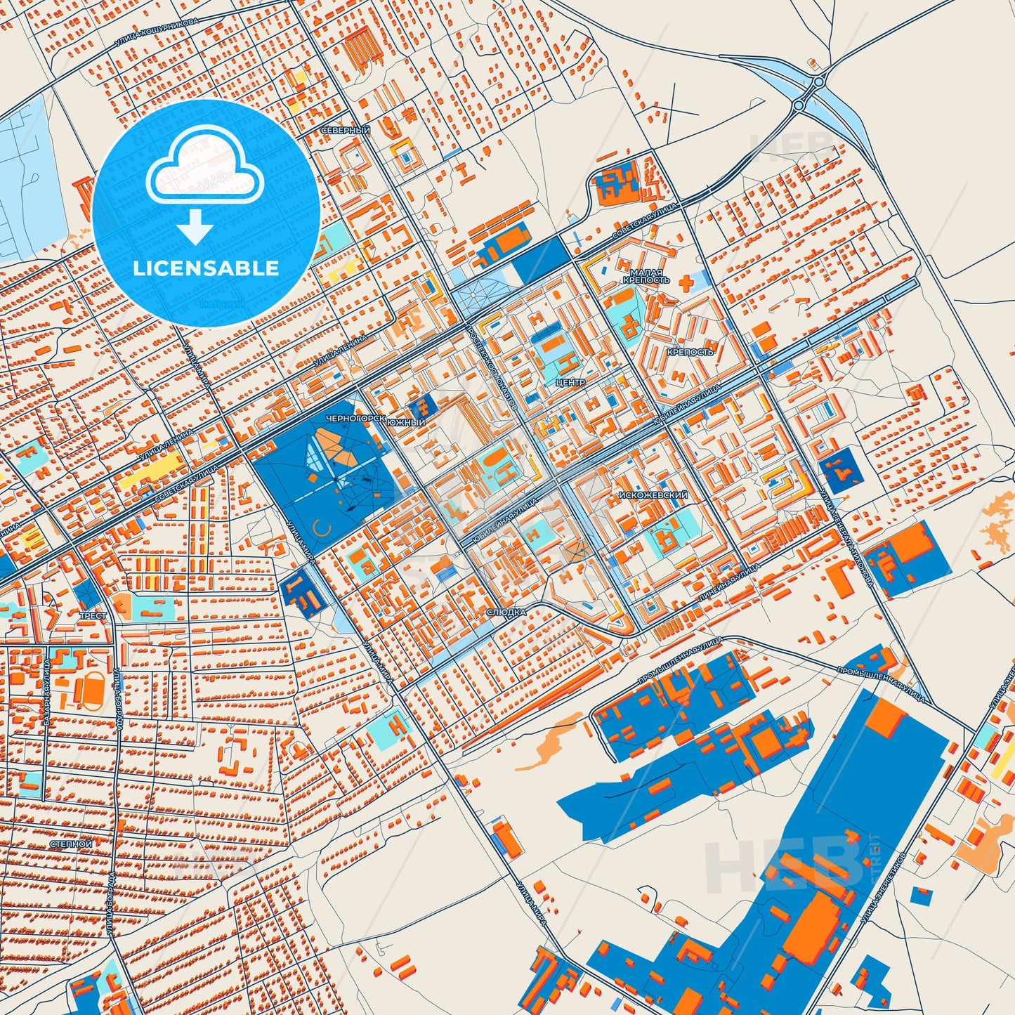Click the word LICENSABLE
(x=206, y=268)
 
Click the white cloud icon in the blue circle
(x=204, y=169)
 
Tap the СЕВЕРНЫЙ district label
(x=345, y=131)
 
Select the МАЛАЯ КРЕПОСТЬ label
(x=646, y=276)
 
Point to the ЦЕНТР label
(x=569, y=384)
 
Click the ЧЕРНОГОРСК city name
(x=355, y=418)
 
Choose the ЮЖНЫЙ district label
(x=407, y=423)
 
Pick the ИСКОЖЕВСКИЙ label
(x=653, y=495)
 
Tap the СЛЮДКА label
(x=506, y=613)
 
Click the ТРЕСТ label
(x=93, y=616)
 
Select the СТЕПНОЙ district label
(x=71, y=844)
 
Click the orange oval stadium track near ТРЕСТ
(x=92, y=690)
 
